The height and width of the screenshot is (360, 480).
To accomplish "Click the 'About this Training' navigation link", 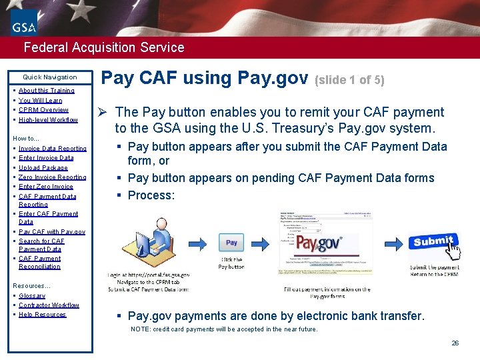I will click(x=46, y=91).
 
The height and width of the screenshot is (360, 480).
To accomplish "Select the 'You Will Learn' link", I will click(x=40, y=101).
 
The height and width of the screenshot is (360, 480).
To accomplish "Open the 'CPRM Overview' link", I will click(x=43, y=110).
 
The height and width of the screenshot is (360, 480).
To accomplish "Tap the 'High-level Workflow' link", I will click(x=48, y=120).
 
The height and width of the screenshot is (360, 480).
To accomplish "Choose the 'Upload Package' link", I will click(x=43, y=168).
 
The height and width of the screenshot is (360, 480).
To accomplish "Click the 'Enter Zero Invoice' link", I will click(x=45, y=187).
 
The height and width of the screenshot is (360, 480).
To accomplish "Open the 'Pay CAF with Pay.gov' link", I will click(x=51, y=232).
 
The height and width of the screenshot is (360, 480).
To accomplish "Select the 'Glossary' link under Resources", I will click(x=32, y=296).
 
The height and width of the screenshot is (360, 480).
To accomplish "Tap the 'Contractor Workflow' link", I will click(x=49, y=305).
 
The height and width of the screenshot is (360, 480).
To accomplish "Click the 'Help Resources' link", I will click(x=42, y=315).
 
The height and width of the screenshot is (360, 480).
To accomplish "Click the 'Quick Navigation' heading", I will click(x=50, y=77).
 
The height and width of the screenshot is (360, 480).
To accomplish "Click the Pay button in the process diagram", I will click(x=231, y=243).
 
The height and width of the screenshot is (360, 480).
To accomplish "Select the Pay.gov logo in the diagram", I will click(x=319, y=243).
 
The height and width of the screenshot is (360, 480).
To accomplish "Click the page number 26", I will click(x=455, y=343).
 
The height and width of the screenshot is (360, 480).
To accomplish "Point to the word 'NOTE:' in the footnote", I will click(x=140, y=329).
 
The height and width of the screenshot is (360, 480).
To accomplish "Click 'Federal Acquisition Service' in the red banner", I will click(x=103, y=47).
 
